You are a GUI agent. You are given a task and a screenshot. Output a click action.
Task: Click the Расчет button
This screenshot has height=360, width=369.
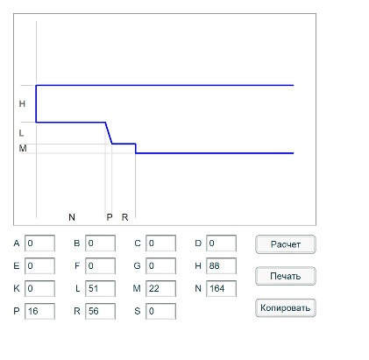286,244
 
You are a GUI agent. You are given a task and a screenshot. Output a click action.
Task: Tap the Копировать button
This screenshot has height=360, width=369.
286,307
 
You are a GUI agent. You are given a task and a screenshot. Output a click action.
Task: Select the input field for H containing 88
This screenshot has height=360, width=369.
221,265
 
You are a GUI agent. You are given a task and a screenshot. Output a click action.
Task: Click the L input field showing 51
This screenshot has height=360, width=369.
100,288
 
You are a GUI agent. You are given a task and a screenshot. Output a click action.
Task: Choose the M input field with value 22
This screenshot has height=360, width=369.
160,288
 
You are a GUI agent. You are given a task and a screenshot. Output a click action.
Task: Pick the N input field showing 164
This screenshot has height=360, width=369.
221,288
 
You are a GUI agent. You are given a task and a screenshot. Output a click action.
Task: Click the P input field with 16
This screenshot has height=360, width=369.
39,311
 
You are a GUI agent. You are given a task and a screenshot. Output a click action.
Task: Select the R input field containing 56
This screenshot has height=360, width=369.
100,311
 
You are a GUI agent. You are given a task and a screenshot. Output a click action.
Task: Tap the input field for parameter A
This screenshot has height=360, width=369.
39,243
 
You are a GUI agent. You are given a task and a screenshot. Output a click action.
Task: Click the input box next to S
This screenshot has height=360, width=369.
160,311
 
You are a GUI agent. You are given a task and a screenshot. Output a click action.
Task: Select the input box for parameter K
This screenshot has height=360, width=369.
39,288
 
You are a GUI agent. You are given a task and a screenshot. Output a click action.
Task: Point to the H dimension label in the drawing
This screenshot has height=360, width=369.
22,103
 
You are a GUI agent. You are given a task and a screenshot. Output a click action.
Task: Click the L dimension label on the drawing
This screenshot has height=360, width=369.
21,133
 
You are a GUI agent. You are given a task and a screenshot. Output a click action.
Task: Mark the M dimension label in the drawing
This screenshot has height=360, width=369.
23,148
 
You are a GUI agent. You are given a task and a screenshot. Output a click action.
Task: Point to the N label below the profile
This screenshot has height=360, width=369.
72,217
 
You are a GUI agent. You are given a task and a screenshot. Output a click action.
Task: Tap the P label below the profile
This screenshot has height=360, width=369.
110,217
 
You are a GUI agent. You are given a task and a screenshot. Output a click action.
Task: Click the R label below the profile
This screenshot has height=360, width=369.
124,217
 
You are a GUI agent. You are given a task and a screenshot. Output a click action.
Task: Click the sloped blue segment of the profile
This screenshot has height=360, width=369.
109,133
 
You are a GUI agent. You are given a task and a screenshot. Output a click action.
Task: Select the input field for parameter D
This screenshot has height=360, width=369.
221,243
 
